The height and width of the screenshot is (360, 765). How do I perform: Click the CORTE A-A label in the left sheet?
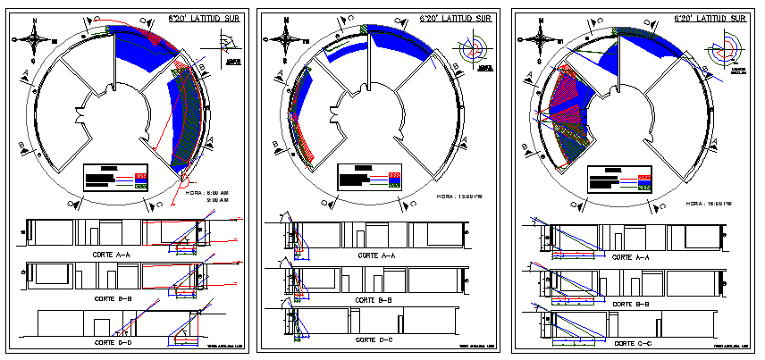coord(112,255)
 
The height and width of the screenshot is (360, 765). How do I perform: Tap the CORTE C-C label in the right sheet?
coord(633,343)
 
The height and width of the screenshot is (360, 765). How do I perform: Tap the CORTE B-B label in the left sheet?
coord(112,297)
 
